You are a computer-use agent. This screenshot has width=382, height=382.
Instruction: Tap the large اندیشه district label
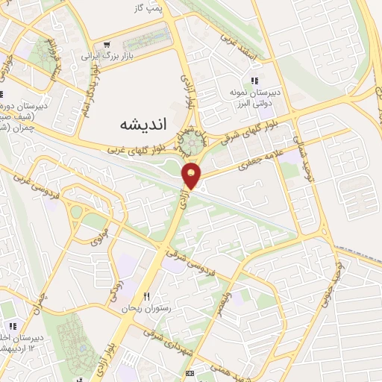pos(142,126)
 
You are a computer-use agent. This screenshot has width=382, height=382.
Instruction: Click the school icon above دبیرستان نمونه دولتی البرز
pos(254,81)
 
